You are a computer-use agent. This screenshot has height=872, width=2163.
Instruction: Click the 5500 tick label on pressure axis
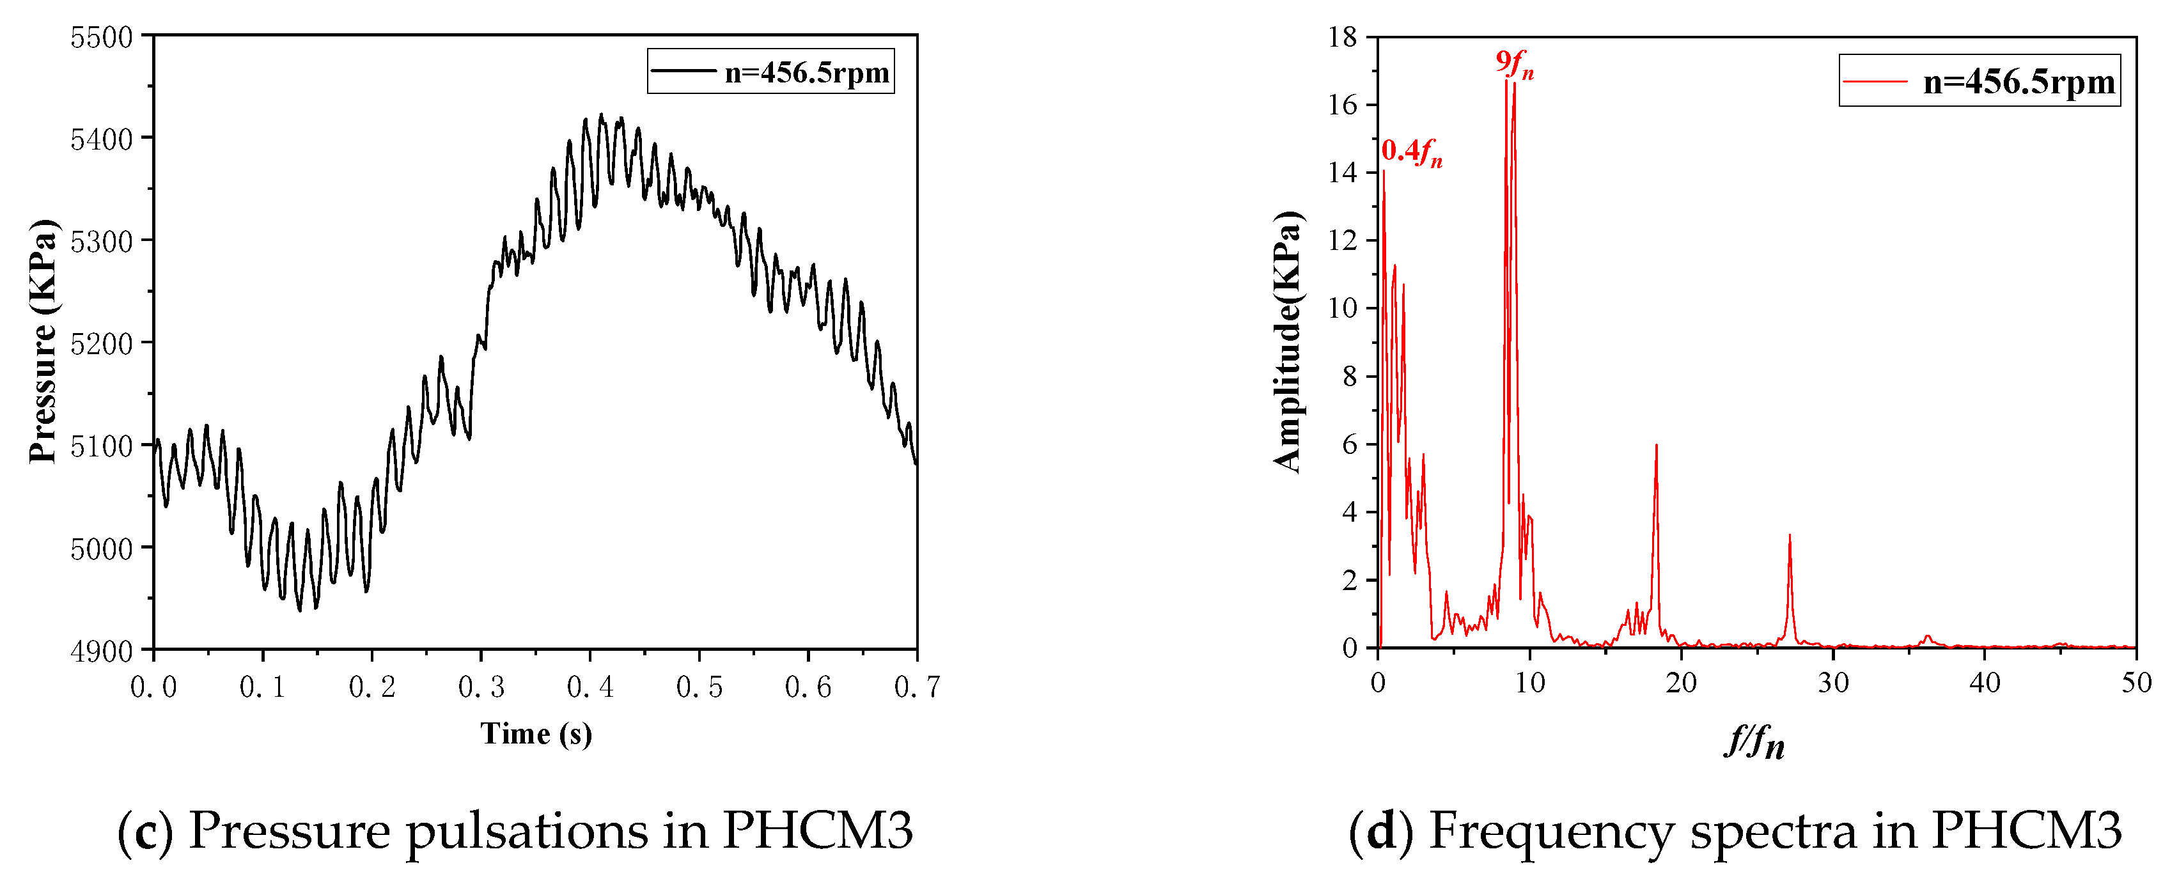[101, 38]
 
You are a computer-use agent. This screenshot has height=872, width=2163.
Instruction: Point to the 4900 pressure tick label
[101, 651]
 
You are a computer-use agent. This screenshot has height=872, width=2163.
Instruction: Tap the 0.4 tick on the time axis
[590, 687]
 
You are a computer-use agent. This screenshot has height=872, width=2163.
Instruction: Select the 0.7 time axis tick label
[917, 687]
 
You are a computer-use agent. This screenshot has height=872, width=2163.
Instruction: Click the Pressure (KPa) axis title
[42, 341]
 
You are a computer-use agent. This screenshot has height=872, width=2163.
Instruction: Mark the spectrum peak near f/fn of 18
[1656, 446]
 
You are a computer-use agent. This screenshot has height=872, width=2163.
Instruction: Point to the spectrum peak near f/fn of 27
[1790, 536]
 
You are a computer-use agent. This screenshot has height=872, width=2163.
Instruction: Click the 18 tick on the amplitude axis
[1342, 37]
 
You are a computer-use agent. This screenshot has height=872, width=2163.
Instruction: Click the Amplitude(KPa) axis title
[1286, 341]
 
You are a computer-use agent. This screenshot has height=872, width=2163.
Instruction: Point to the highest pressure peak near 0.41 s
[600, 115]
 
